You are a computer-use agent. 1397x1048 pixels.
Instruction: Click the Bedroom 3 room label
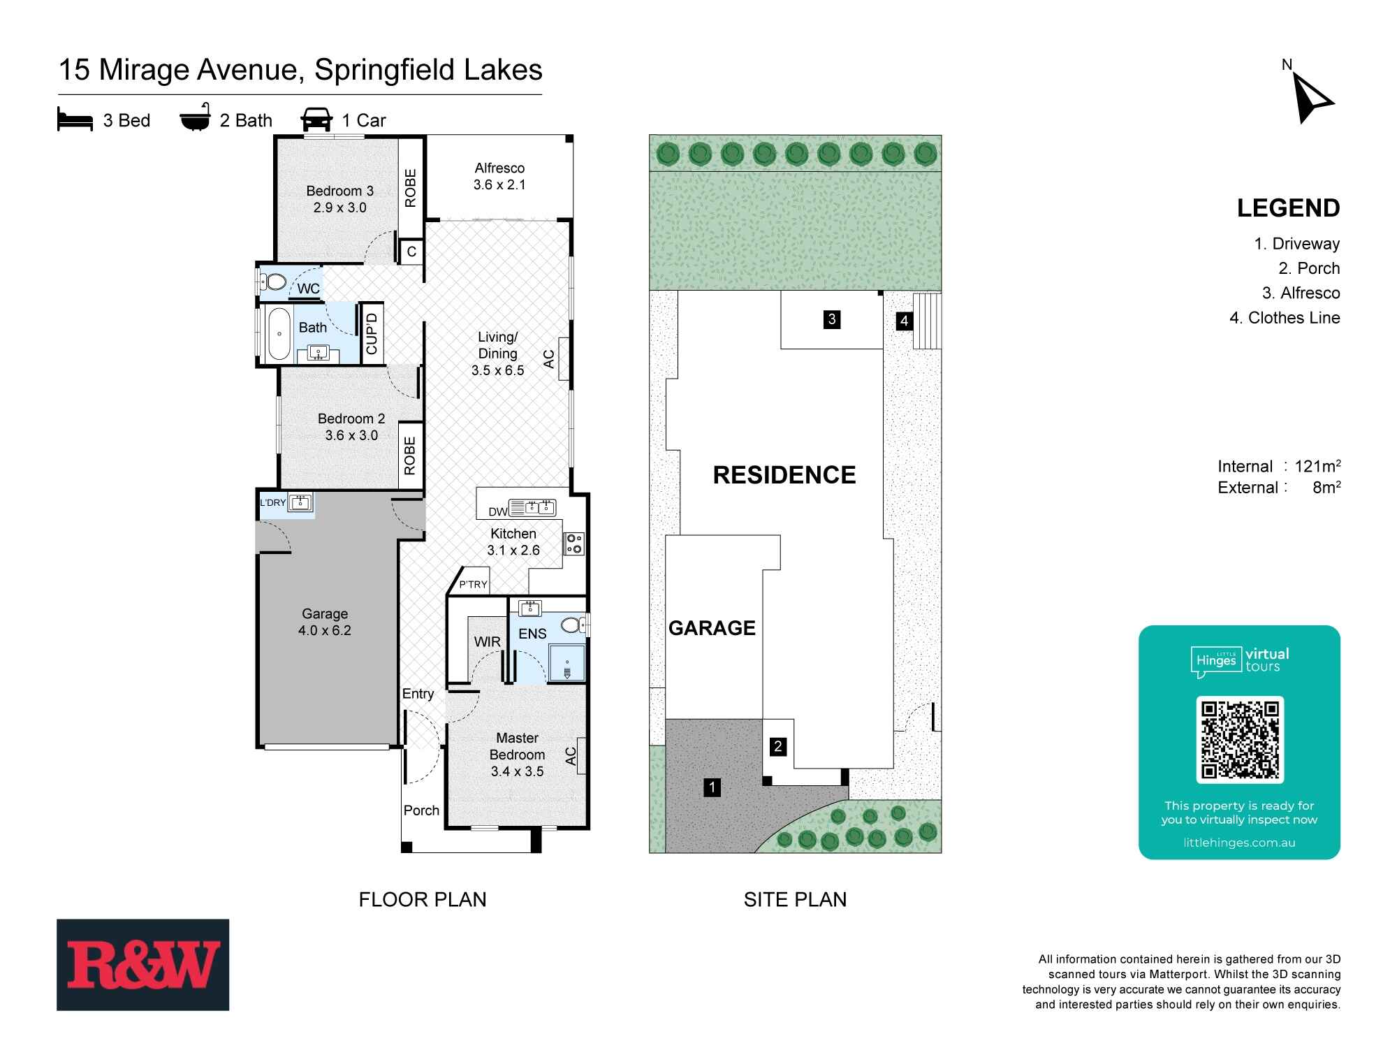point(339,191)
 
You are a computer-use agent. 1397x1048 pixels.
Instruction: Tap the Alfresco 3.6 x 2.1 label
point(499,176)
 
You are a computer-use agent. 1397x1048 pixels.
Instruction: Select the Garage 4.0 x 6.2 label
point(325,622)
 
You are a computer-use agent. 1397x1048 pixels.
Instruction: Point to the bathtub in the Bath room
point(279,334)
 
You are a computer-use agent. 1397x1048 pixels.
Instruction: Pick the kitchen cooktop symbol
point(573,544)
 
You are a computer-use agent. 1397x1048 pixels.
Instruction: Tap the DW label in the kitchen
point(497,512)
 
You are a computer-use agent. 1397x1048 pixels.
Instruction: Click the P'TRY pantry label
point(473,585)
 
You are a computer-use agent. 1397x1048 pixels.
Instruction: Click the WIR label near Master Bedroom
point(487,642)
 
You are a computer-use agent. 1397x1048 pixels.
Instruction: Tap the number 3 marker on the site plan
point(832,320)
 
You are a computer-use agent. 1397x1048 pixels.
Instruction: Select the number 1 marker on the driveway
point(712,788)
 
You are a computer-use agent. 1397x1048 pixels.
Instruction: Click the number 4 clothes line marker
point(905,321)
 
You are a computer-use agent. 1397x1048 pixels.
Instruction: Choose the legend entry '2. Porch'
point(1309,268)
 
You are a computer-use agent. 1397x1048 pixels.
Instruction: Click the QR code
point(1240,739)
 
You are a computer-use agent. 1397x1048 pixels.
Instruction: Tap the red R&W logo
point(143,965)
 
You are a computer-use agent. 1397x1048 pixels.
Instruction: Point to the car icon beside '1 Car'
point(316,119)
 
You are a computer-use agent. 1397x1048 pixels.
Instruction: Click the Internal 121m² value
point(1317,467)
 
